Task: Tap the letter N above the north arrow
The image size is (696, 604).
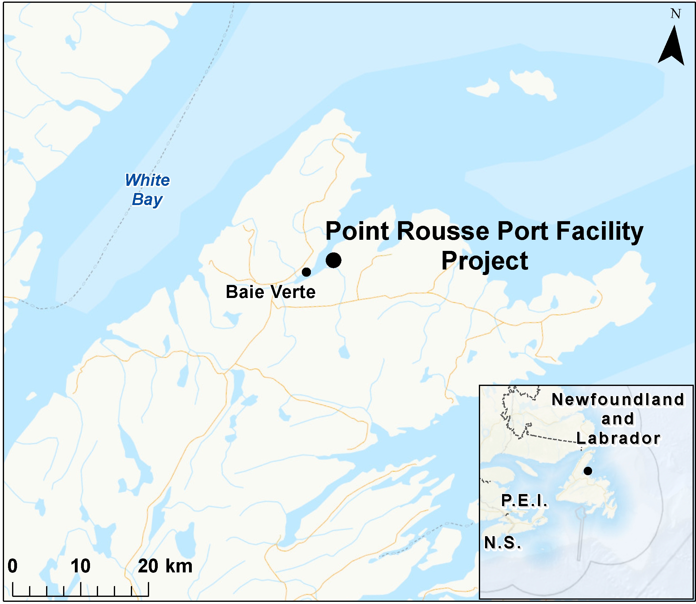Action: click(x=676, y=14)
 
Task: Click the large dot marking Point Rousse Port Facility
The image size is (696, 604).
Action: click(x=333, y=260)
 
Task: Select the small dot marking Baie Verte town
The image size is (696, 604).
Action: click(x=306, y=272)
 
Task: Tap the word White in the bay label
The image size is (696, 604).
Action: click(x=148, y=180)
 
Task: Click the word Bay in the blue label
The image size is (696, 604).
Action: click(x=147, y=199)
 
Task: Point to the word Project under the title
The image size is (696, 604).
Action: click(x=485, y=261)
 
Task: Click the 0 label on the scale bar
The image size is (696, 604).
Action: click(x=12, y=566)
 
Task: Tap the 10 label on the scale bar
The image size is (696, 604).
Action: click(x=80, y=566)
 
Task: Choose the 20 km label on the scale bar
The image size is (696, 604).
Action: click(x=165, y=566)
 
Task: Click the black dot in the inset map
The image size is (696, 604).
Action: click(x=588, y=471)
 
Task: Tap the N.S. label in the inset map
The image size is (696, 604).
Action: click(x=502, y=543)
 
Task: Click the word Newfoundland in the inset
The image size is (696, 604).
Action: click(x=618, y=400)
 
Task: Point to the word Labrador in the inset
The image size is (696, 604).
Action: click(x=618, y=439)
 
